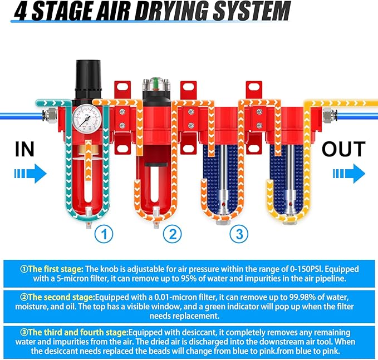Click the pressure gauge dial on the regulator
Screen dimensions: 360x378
point(87,119)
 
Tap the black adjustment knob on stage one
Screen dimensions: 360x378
point(87,78)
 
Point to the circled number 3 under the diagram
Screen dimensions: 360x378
point(239,234)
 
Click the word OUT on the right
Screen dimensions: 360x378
point(343,150)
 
